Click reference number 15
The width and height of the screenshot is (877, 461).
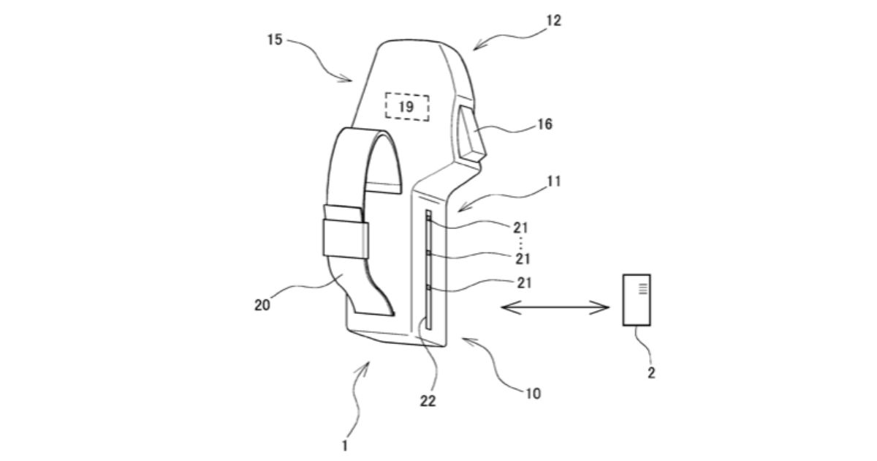coord(275,40)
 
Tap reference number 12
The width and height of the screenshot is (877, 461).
coord(554,20)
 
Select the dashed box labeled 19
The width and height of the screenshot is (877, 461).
coord(407,107)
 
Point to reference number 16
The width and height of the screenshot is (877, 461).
coord(544,124)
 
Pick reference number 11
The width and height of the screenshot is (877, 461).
coord(554,181)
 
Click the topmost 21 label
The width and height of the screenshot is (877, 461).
coord(520,228)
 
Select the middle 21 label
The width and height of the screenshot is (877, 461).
coord(523,259)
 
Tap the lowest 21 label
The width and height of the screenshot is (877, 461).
coord(524,282)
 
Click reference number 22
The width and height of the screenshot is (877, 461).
coord(428,401)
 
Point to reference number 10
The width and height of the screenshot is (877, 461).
coord(534,393)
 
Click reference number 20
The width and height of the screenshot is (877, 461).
coord(262,305)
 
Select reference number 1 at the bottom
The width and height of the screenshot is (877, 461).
coord(344,446)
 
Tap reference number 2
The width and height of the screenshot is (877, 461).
coord(651,372)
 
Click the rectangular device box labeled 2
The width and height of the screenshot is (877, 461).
coord(637,300)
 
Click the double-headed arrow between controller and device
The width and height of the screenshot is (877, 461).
coord(555,307)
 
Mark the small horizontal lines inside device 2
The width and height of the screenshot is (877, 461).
coord(643,288)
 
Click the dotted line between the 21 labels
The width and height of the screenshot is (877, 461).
coord(521,244)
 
